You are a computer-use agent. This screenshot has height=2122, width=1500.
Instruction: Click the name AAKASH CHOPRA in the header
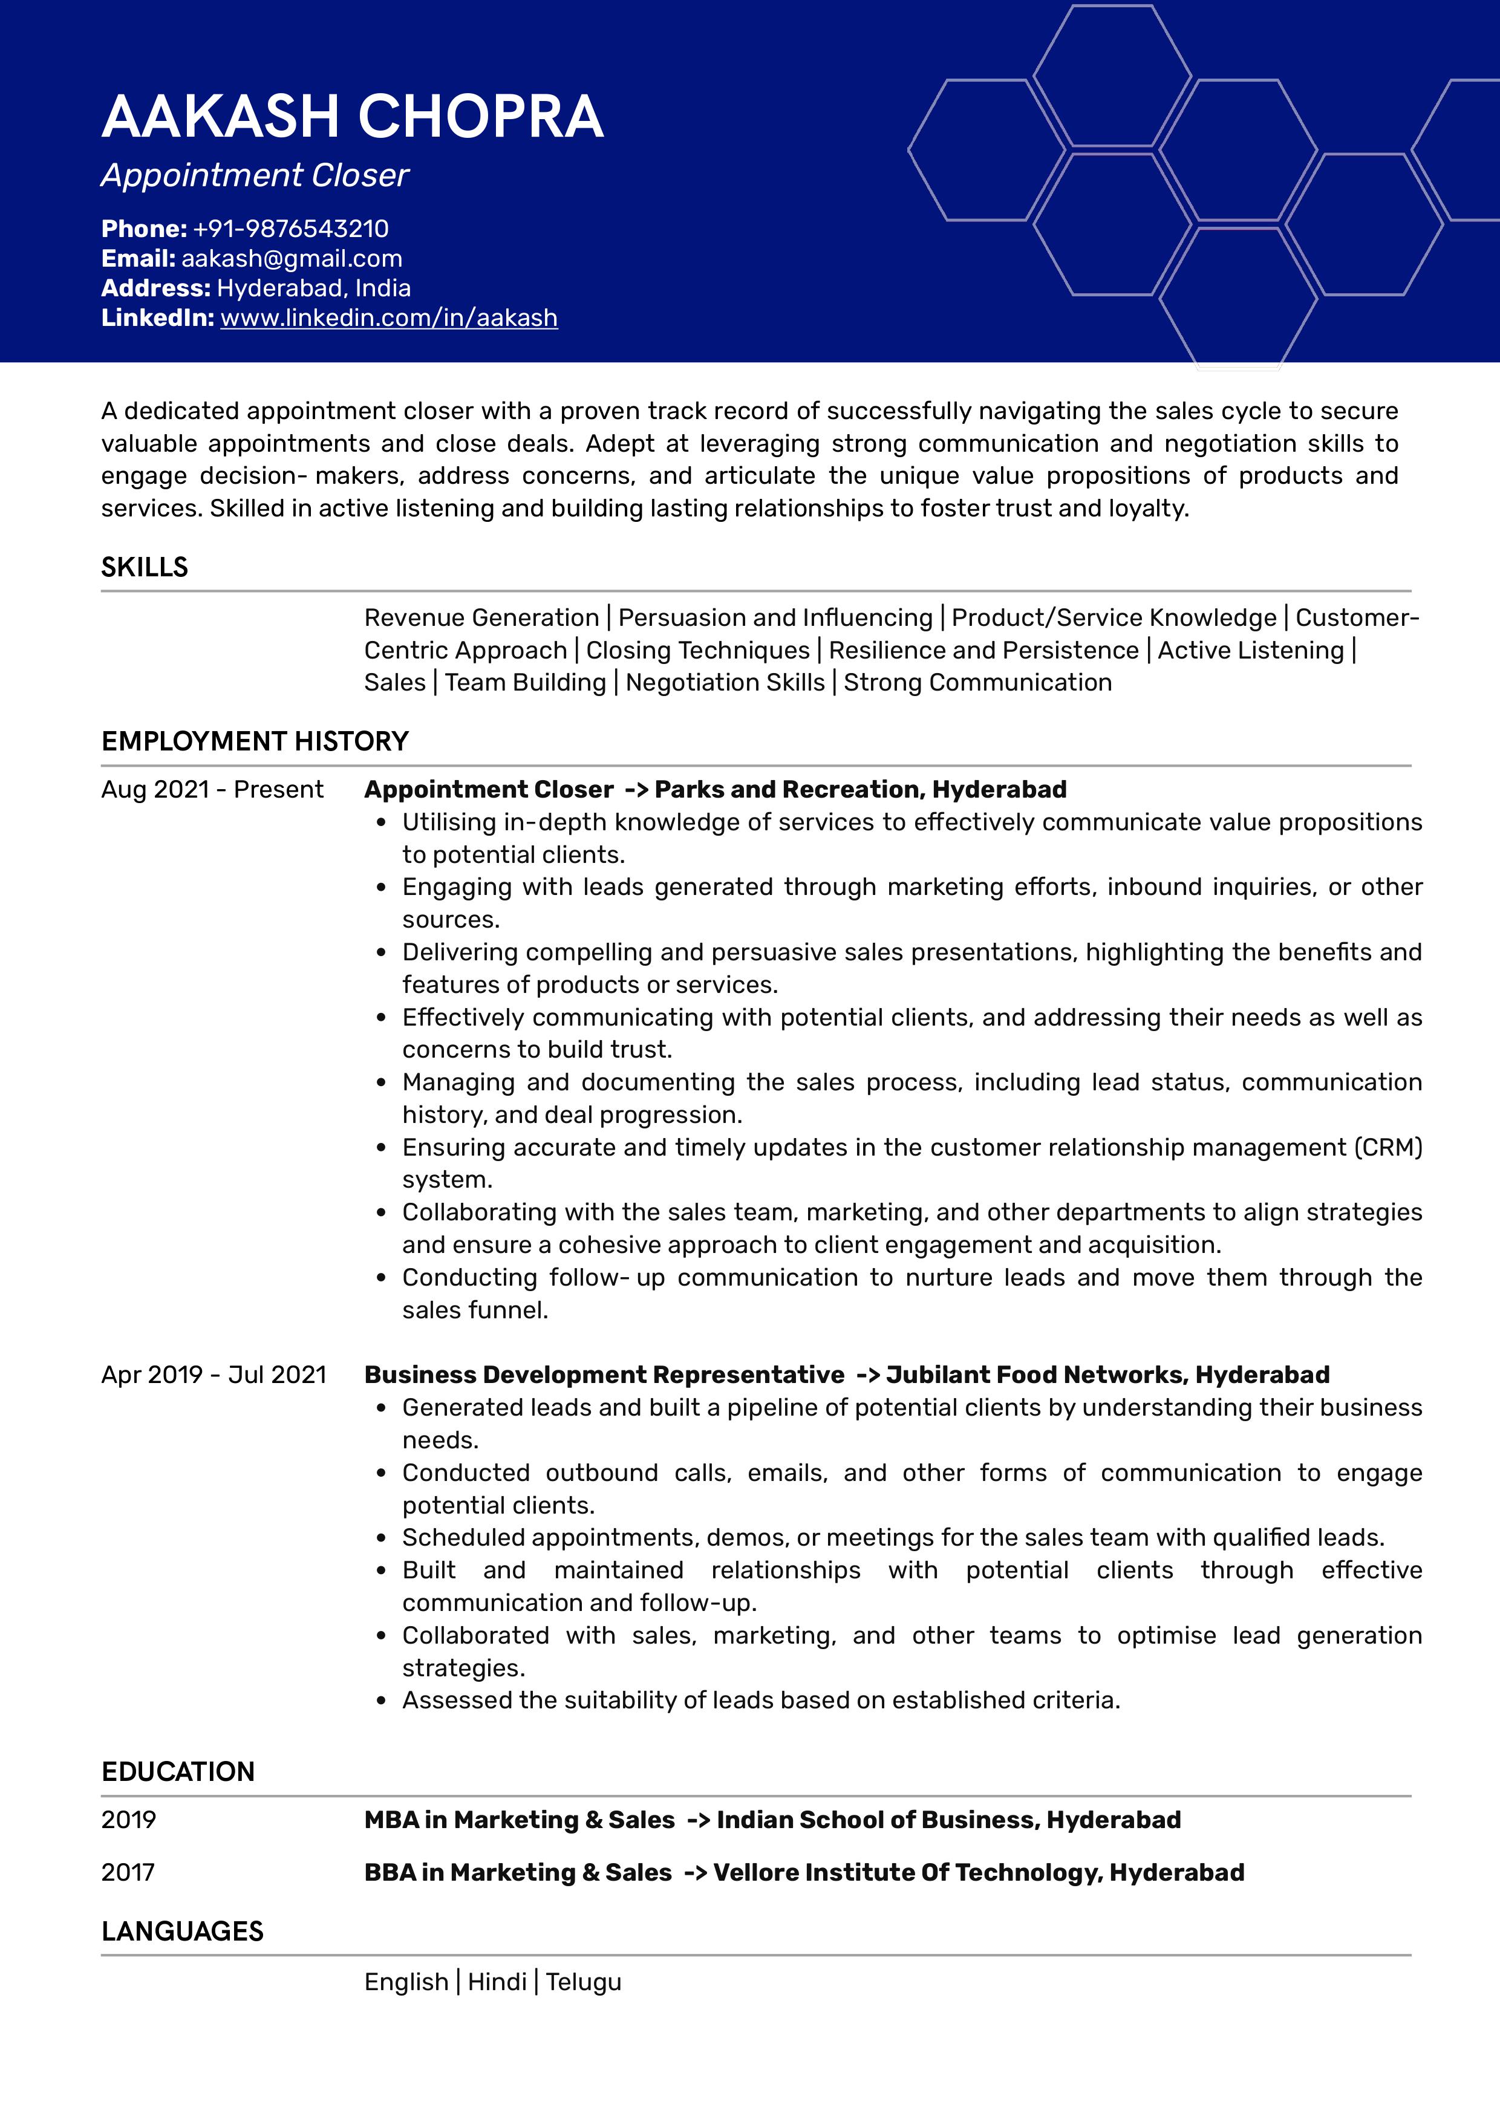point(352,117)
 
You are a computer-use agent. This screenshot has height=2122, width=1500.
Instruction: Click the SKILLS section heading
point(144,567)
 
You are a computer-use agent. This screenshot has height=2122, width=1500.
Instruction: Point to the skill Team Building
point(525,682)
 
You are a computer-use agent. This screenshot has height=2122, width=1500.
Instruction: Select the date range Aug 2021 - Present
point(212,789)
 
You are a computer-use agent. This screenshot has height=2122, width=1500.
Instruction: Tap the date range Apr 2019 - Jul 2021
point(214,1375)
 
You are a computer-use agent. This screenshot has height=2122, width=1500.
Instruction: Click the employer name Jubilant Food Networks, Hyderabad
point(1107,1375)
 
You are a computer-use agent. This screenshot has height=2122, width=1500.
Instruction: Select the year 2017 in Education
point(128,1872)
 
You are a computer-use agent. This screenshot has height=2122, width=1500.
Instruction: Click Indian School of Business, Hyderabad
point(948,1820)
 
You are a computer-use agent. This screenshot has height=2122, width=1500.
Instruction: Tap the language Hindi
point(497,1982)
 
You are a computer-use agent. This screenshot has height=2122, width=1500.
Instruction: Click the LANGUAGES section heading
point(182,1932)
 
